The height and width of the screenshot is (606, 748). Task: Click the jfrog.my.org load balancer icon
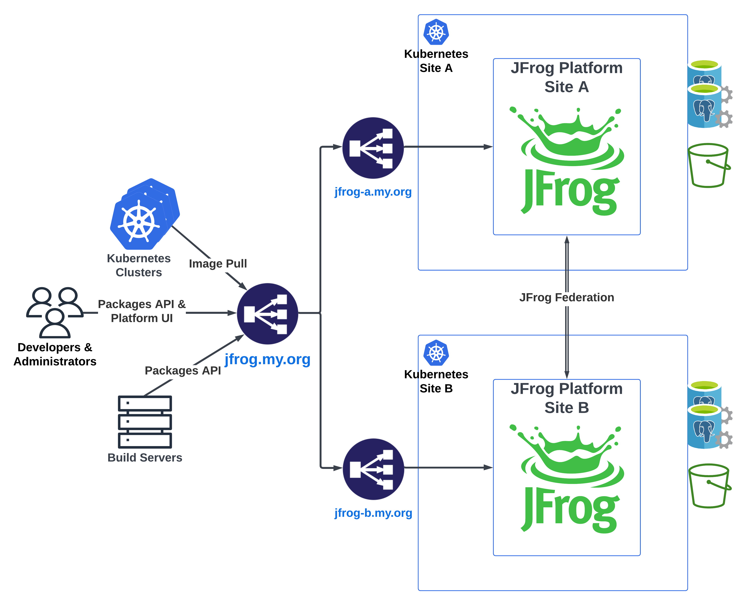[x=267, y=313]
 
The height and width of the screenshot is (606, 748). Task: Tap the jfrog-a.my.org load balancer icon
[x=373, y=148]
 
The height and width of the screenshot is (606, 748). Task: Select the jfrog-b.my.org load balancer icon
[x=373, y=469]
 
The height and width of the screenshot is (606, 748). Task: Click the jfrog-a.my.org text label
[x=373, y=192]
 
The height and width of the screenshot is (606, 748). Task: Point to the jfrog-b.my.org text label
[x=373, y=513]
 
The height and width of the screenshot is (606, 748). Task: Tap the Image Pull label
[x=218, y=264]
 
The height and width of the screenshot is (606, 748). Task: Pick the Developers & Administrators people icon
[x=55, y=312]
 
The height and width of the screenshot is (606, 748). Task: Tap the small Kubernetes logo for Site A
[x=436, y=32]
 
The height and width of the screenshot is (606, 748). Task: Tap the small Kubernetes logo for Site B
[x=436, y=353]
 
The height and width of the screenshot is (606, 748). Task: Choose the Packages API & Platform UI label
[x=142, y=311]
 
